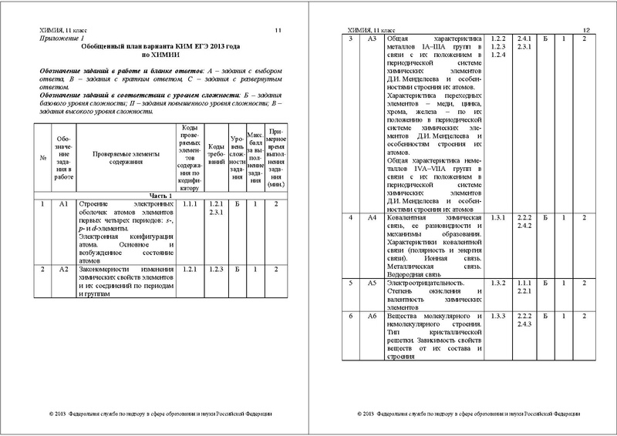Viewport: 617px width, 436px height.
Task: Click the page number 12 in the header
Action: pyautogui.click(x=585, y=29)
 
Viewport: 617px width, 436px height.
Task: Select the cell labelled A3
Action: pyautogui.click(x=371, y=39)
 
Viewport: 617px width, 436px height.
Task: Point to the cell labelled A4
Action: pyautogui.click(x=371, y=218)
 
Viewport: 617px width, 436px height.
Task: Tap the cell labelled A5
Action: pyautogui.click(x=371, y=283)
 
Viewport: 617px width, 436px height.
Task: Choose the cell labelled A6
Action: pyautogui.click(x=371, y=317)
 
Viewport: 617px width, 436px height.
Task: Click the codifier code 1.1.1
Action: pyautogui.click(x=191, y=204)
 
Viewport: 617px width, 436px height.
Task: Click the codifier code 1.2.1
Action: pyautogui.click(x=191, y=269)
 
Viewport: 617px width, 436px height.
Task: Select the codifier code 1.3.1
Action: pyautogui.click(x=498, y=218)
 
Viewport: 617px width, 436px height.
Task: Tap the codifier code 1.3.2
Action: pyautogui.click(x=498, y=283)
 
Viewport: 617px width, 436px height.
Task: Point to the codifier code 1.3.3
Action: pyautogui.click(x=498, y=317)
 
